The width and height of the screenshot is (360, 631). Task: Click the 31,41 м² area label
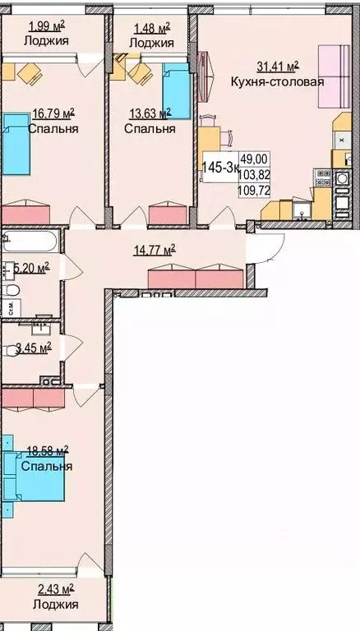click(275, 67)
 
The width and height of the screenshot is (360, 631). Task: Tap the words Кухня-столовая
click(276, 81)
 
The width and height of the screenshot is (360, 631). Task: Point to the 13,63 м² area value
click(149, 113)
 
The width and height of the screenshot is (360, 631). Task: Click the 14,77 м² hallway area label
click(152, 250)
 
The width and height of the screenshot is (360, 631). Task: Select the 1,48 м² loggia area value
click(151, 26)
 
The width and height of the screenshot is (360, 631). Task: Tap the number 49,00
click(253, 160)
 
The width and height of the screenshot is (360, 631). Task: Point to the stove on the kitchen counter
click(321, 177)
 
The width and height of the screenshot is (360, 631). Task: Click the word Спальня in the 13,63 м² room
click(150, 129)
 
